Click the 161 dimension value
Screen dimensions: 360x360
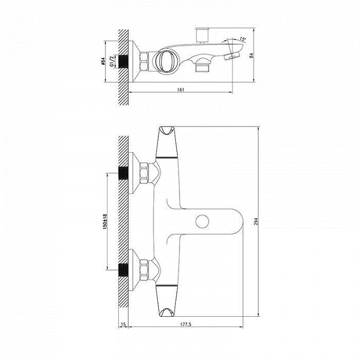click(181, 90)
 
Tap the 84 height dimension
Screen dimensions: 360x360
click(251, 56)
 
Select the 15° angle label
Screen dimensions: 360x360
click(243, 39)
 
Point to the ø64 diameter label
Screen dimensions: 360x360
click(103, 62)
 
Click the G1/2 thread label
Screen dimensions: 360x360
click(112, 61)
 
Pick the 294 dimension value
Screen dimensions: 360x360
click(256, 221)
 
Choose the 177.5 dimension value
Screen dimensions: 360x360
click(186, 325)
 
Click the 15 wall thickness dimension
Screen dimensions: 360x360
click(123, 325)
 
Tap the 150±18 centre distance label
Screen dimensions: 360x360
click(105, 222)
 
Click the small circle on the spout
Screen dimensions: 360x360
click(202, 221)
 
